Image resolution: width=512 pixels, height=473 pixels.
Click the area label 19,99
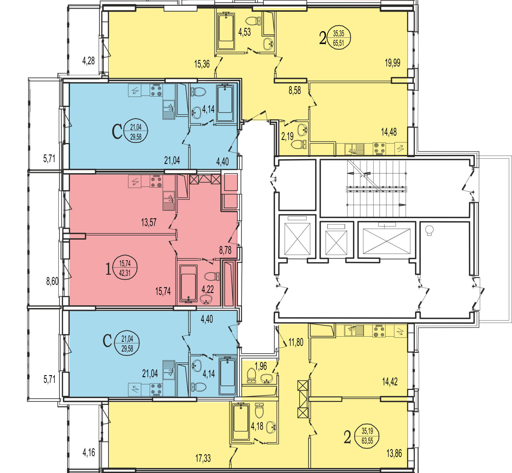392,63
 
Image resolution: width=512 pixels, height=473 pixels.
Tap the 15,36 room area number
202,64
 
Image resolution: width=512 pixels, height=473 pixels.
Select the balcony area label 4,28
89,60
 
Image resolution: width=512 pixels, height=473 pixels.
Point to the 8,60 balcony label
52,281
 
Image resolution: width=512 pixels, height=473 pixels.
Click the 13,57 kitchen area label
149,222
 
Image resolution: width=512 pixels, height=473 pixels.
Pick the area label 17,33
203,458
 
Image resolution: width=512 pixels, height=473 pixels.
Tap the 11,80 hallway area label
296,342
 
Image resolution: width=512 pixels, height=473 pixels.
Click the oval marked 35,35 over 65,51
339,38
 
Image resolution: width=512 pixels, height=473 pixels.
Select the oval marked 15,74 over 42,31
125,268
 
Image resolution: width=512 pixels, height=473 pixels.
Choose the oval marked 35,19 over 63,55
367,436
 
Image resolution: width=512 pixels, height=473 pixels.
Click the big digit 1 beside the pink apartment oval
108,268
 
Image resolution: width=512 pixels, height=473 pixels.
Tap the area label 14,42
390,382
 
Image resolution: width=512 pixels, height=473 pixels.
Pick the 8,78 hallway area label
225,250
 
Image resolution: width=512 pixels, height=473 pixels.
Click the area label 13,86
394,453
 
